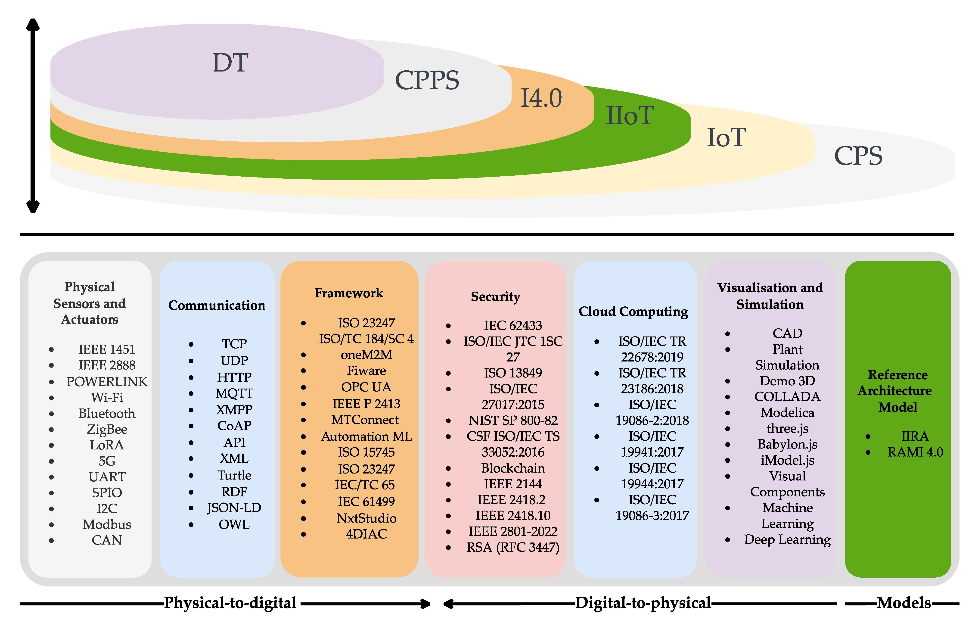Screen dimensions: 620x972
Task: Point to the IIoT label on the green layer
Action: coord(630,116)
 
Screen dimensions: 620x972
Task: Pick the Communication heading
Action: coord(217,305)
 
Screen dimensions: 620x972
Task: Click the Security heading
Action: coord(495,297)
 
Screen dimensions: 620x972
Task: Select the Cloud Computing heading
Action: coord(633,312)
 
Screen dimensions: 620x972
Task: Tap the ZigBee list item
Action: coord(107,429)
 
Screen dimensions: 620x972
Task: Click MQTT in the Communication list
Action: coord(234,393)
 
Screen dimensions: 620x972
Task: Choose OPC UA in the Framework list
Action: coord(366,387)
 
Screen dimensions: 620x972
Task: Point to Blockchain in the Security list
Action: coord(513,468)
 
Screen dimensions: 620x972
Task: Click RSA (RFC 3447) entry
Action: coord(513,547)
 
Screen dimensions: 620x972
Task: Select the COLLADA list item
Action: coord(787,397)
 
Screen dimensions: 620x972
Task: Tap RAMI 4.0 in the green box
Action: coord(915,452)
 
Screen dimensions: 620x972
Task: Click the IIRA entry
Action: coord(915,436)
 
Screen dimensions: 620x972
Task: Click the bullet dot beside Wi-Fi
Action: coord(51,398)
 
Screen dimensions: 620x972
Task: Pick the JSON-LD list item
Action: coord(234,508)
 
